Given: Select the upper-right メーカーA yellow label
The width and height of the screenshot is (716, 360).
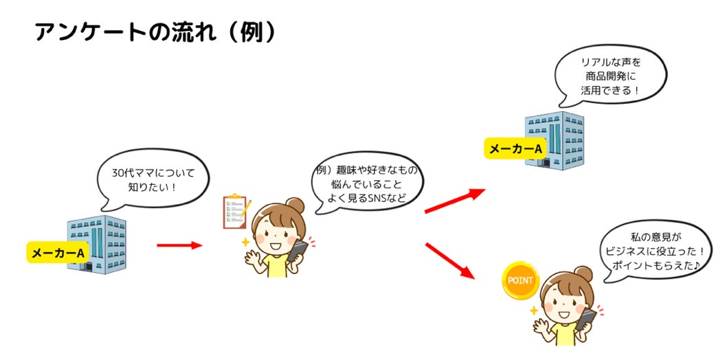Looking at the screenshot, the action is point(515,148).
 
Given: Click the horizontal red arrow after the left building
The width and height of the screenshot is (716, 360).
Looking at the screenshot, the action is point(179,245).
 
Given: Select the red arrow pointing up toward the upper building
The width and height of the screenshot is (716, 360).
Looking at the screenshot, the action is point(455,201).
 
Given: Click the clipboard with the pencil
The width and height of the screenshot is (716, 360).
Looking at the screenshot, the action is point(236,211).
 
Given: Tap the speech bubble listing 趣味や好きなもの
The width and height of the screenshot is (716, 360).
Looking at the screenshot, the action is point(365,184).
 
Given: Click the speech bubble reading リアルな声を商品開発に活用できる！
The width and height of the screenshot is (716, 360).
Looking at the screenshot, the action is point(611,76).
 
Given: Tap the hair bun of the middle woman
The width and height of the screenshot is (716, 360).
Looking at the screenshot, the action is point(295,204).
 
